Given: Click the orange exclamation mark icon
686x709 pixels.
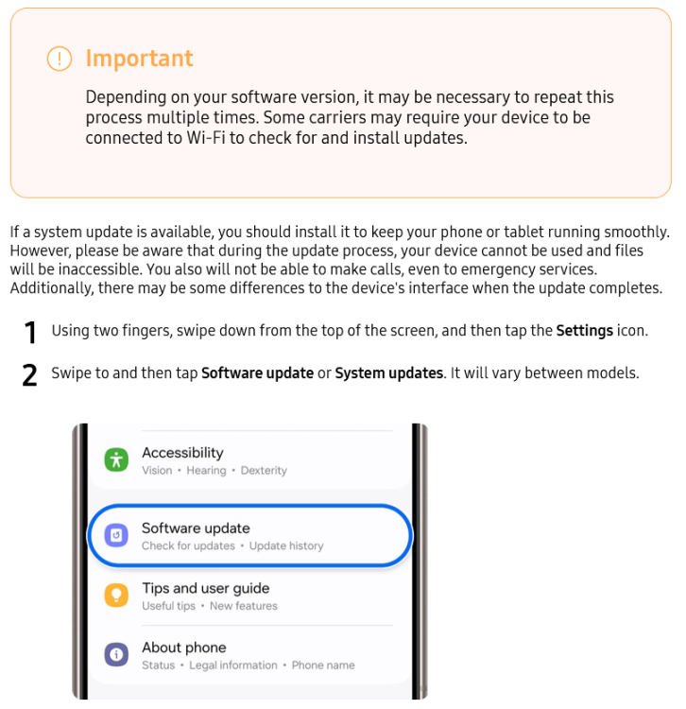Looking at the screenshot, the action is click(x=60, y=59).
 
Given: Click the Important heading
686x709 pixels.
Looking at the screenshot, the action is click(x=139, y=59).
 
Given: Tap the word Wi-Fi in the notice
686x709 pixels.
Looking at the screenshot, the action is click(x=206, y=138).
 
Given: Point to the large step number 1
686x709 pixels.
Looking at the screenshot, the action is click(x=30, y=333).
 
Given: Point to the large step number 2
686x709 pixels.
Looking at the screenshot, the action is click(x=29, y=375).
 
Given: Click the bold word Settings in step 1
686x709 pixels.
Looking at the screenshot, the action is click(x=584, y=331).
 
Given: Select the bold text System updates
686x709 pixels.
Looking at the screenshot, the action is click(x=388, y=373).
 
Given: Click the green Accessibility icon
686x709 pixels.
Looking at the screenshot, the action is click(x=116, y=459).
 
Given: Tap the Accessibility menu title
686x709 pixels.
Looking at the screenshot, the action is click(x=182, y=453).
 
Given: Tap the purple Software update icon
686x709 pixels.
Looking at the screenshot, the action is click(x=116, y=535).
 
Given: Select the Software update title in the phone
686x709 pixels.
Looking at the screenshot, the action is click(x=196, y=528).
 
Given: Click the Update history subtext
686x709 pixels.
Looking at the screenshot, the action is click(x=286, y=545).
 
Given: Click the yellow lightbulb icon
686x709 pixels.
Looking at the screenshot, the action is click(x=116, y=595).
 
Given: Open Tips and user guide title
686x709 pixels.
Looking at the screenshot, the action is click(x=206, y=588).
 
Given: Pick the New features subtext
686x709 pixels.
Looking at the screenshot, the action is click(x=243, y=606).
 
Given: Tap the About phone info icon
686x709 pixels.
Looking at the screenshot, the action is click(x=116, y=655).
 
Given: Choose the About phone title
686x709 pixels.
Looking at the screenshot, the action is click(x=184, y=648).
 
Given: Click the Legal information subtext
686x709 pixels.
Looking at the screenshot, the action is click(x=233, y=666).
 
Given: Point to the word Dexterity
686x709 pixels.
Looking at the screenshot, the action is click(x=264, y=470).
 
